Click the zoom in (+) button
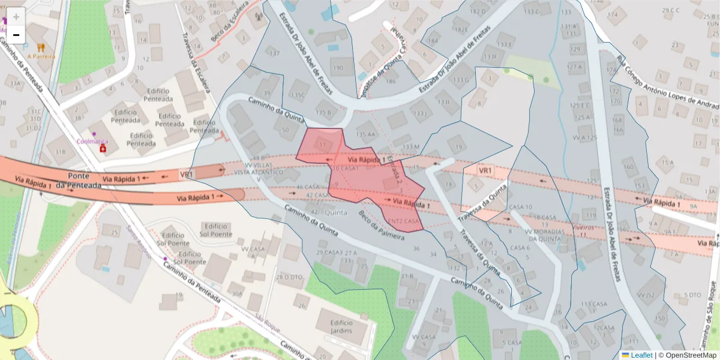(x=16, y=17)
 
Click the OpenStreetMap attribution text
(x=688, y=355)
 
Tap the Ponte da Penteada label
(x=79, y=181)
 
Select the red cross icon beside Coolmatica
(x=103, y=148)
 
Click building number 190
(x=338, y=68)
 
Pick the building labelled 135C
(x=298, y=95)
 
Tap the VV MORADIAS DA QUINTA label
(x=545, y=235)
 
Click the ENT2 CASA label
(x=404, y=221)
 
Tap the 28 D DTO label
(x=289, y=277)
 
